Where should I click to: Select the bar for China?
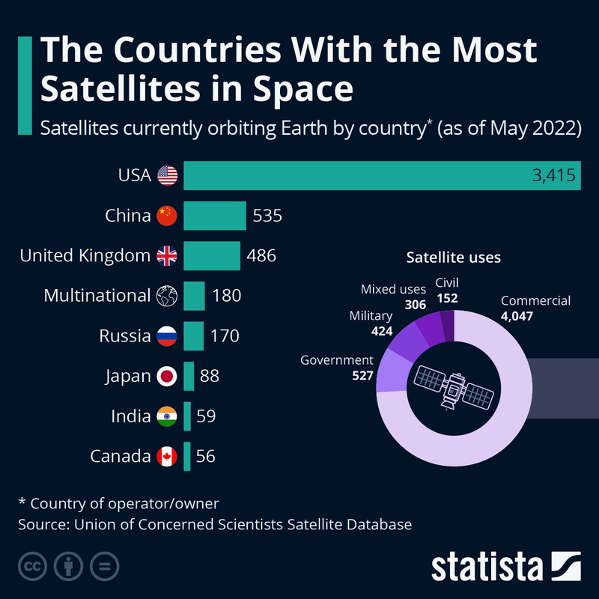point(214,216)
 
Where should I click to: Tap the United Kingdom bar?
point(211,256)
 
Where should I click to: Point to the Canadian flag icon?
point(166,456)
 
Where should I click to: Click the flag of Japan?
point(166,376)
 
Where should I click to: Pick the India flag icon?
point(166,416)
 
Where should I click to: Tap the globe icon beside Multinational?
point(166,296)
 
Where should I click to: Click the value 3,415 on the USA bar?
point(553,176)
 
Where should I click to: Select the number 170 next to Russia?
point(225,336)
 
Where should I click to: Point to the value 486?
point(261,256)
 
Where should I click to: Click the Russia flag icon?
point(166,336)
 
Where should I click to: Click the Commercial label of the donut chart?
point(535,301)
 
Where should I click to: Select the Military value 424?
point(382,330)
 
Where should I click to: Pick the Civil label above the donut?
point(446,283)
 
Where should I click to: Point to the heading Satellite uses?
point(453,258)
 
